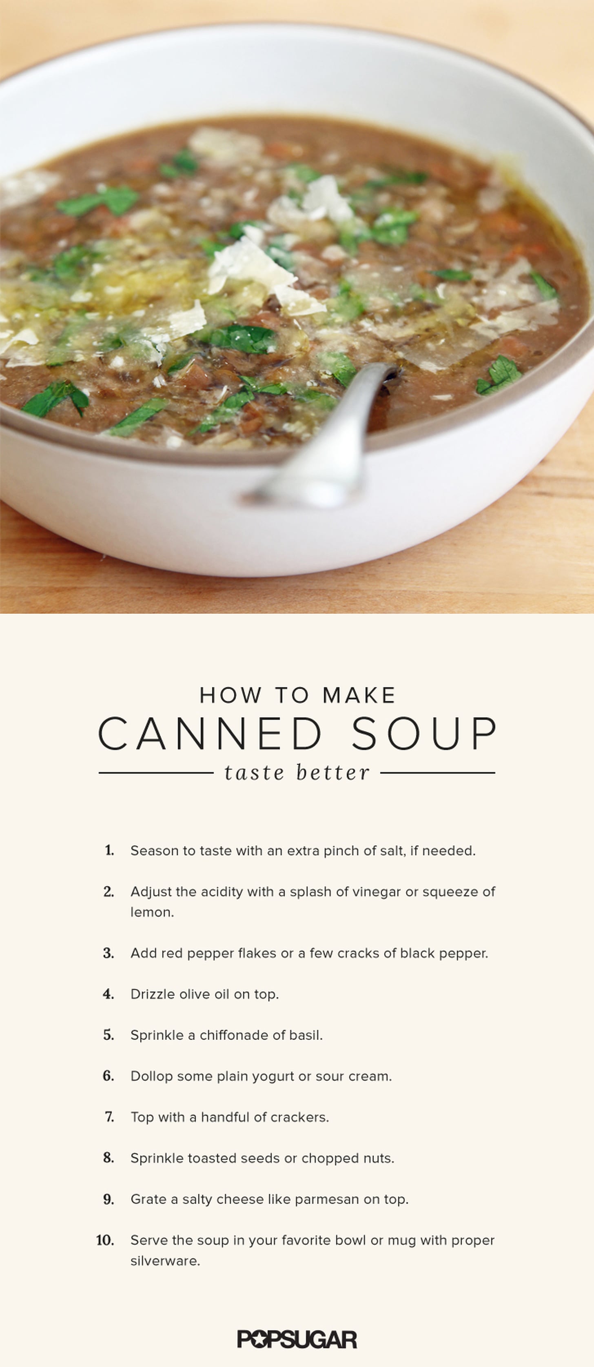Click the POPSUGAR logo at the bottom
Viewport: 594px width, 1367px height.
[x=297, y=1339]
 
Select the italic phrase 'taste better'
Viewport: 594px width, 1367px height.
[x=297, y=772]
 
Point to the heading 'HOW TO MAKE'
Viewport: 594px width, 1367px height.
[x=297, y=695]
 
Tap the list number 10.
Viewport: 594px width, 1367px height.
[x=105, y=1240]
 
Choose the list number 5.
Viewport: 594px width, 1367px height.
[x=109, y=1035]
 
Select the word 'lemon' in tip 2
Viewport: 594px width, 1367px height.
[x=151, y=912]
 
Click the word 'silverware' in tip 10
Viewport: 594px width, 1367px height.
[x=164, y=1261]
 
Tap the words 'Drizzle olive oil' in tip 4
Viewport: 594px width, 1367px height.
[x=180, y=994]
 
